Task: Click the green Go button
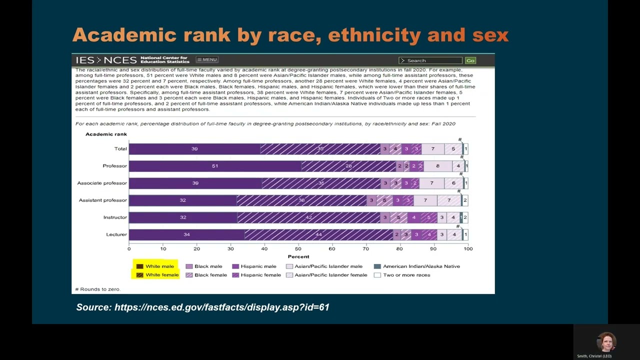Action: tap(470, 60)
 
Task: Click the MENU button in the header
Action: tap(206, 60)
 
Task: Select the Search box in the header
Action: tap(430, 60)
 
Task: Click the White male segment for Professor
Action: tap(215, 166)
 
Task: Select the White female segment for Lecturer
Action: tap(318, 234)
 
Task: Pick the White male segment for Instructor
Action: tap(183, 217)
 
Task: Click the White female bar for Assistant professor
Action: tap(301, 200)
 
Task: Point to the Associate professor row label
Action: tap(102, 183)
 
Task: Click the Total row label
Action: tap(120, 148)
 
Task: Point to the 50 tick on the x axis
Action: tap(298, 248)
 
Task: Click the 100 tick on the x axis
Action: tap(467, 248)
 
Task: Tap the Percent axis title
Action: tap(298, 256)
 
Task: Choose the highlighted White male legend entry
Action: tap(155, 266)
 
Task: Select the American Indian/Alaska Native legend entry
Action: tap(417, 266)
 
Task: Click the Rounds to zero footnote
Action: tap(98, 289)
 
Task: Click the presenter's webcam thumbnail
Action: tap(606, 343)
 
